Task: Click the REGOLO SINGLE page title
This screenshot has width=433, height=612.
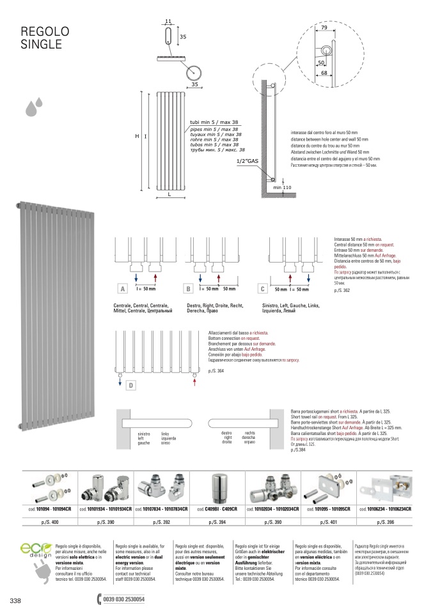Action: (x=45, y=38)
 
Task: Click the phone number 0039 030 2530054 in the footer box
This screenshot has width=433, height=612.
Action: (x=124, y=599)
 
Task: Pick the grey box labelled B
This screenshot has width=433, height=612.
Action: (x=189, y=289)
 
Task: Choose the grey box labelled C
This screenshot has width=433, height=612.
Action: (x=262, y=289)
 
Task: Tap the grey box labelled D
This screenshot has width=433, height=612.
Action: (x=130, y=385)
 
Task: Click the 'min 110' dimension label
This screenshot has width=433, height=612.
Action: (x=282, y=188)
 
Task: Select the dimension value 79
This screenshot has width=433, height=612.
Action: (x=324, y=29)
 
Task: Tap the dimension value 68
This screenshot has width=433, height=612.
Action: (x=325, y=73)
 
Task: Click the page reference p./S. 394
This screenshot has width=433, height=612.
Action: (x=217, y=523)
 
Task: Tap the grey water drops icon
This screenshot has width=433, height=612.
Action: (x=34, y=107)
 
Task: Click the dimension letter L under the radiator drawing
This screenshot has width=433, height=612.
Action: (x=169, y=194)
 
